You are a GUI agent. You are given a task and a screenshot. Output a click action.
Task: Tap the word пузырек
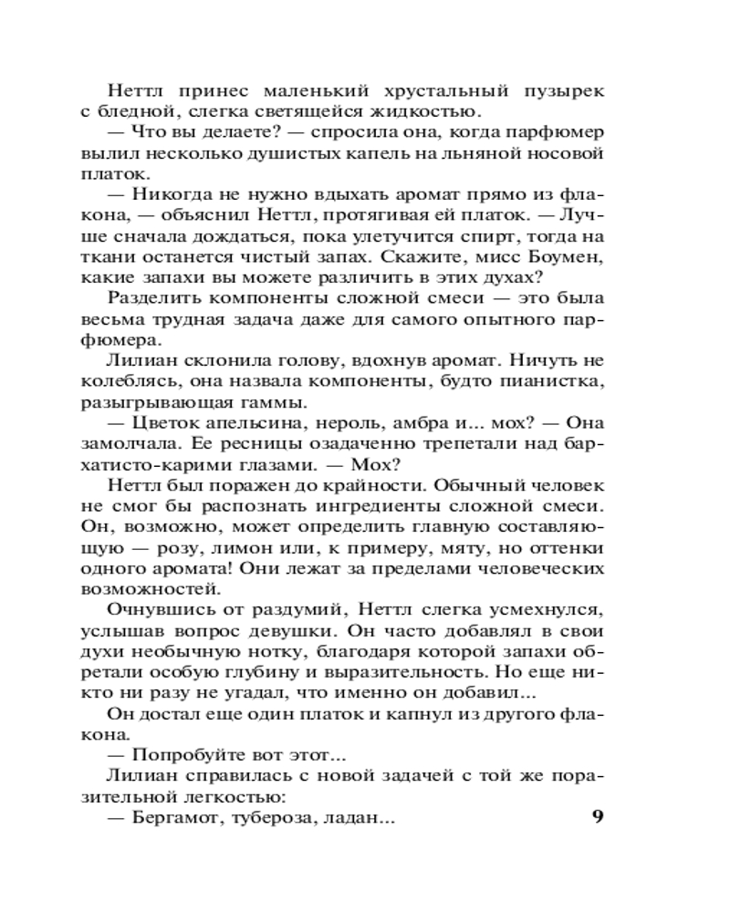click(x=564, y=91)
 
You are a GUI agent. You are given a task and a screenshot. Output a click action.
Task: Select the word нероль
click(x=356, y=423)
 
